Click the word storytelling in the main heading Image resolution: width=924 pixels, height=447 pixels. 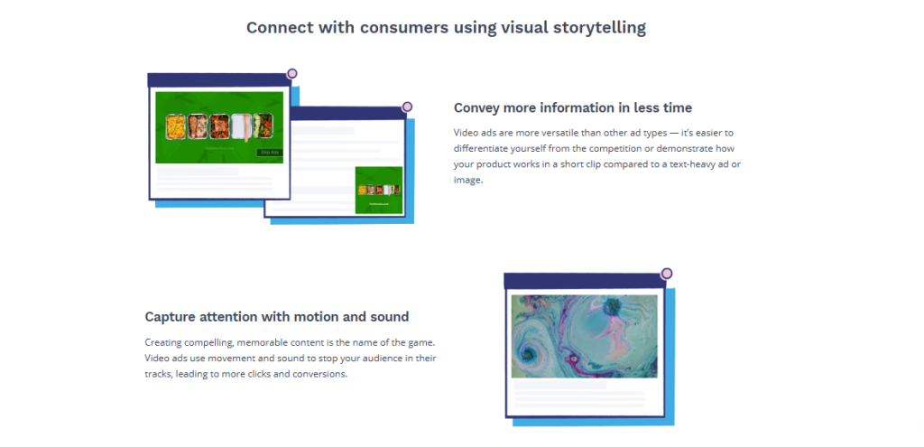(599, 28)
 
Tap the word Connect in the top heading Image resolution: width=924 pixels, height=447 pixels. (277, 27)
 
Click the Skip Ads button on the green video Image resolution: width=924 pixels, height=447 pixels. (270, 152)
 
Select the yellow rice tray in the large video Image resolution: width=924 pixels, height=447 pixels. (176, 126)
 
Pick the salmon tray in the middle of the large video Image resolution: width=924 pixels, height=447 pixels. (219, 126)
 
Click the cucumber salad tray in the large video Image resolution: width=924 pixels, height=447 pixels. (263, 126)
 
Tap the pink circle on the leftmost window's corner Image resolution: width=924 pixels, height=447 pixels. (291, 74)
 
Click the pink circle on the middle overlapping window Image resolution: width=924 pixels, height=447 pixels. (407, 107)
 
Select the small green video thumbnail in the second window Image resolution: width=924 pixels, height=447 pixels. (379, 190)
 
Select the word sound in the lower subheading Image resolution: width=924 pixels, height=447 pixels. (389, 317)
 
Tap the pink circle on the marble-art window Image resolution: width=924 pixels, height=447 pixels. (667, 274)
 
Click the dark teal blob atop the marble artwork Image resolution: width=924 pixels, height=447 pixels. (614, 306)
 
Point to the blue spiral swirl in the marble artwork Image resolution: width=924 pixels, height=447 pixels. (530, 354)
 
